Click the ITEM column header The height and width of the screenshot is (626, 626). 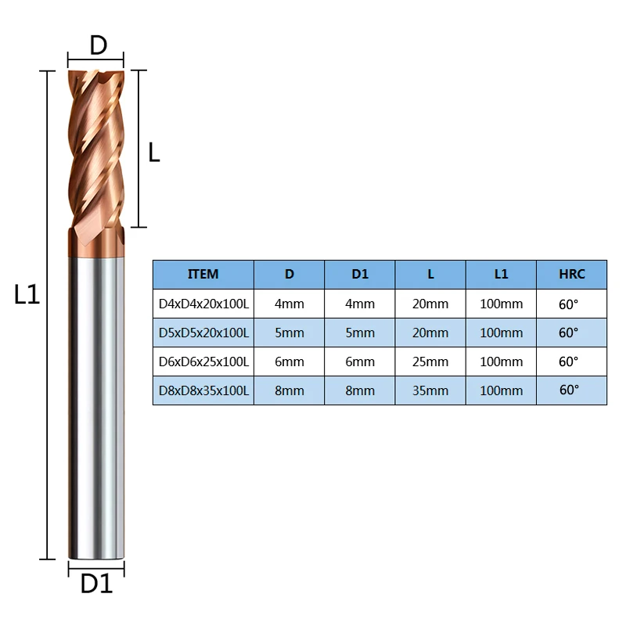(x=203, y=275)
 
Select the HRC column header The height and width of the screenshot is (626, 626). (x=572, y=275)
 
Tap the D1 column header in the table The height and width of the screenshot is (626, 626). (x=360, y=275)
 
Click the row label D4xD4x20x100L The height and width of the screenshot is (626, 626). (x=203, y=304)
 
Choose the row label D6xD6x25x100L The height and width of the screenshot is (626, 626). (x=203, y=362)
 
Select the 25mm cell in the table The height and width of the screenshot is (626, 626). (x=431, y=362)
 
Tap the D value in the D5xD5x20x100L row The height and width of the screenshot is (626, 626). (x=290, y=333)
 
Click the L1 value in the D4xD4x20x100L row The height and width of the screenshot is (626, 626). (x=502, y=304)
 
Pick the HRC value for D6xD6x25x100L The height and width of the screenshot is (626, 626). (x=570, y=362)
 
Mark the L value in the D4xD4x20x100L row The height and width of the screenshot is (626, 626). (x=431, y=304)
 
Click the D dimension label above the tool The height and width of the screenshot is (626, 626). (x=97, y=45)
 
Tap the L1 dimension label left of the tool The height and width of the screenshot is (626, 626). (x=27, y=295)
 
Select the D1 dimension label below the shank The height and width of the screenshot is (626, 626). (x=97, y=583)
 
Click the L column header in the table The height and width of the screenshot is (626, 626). (x=431, y=275)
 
